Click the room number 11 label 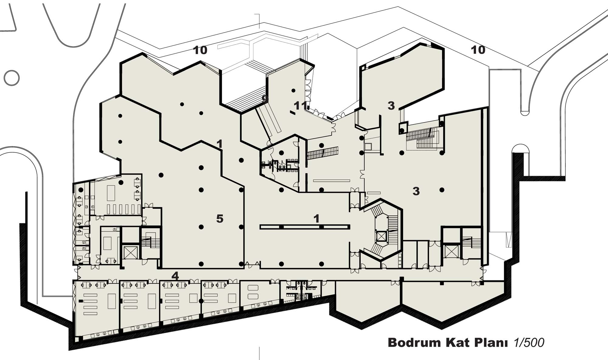point(301,106)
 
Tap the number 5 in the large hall point(220,219)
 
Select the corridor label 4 point(175,276)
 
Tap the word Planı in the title point(493,343)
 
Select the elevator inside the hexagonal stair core point(381,236)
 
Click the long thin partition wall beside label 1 point(305,227)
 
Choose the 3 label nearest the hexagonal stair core point(416,191)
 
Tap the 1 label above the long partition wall point(316,218)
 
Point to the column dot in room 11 point(293,91)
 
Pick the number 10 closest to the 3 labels point(478,50)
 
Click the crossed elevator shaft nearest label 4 point(130,252)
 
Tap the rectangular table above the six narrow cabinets point(111,193)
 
